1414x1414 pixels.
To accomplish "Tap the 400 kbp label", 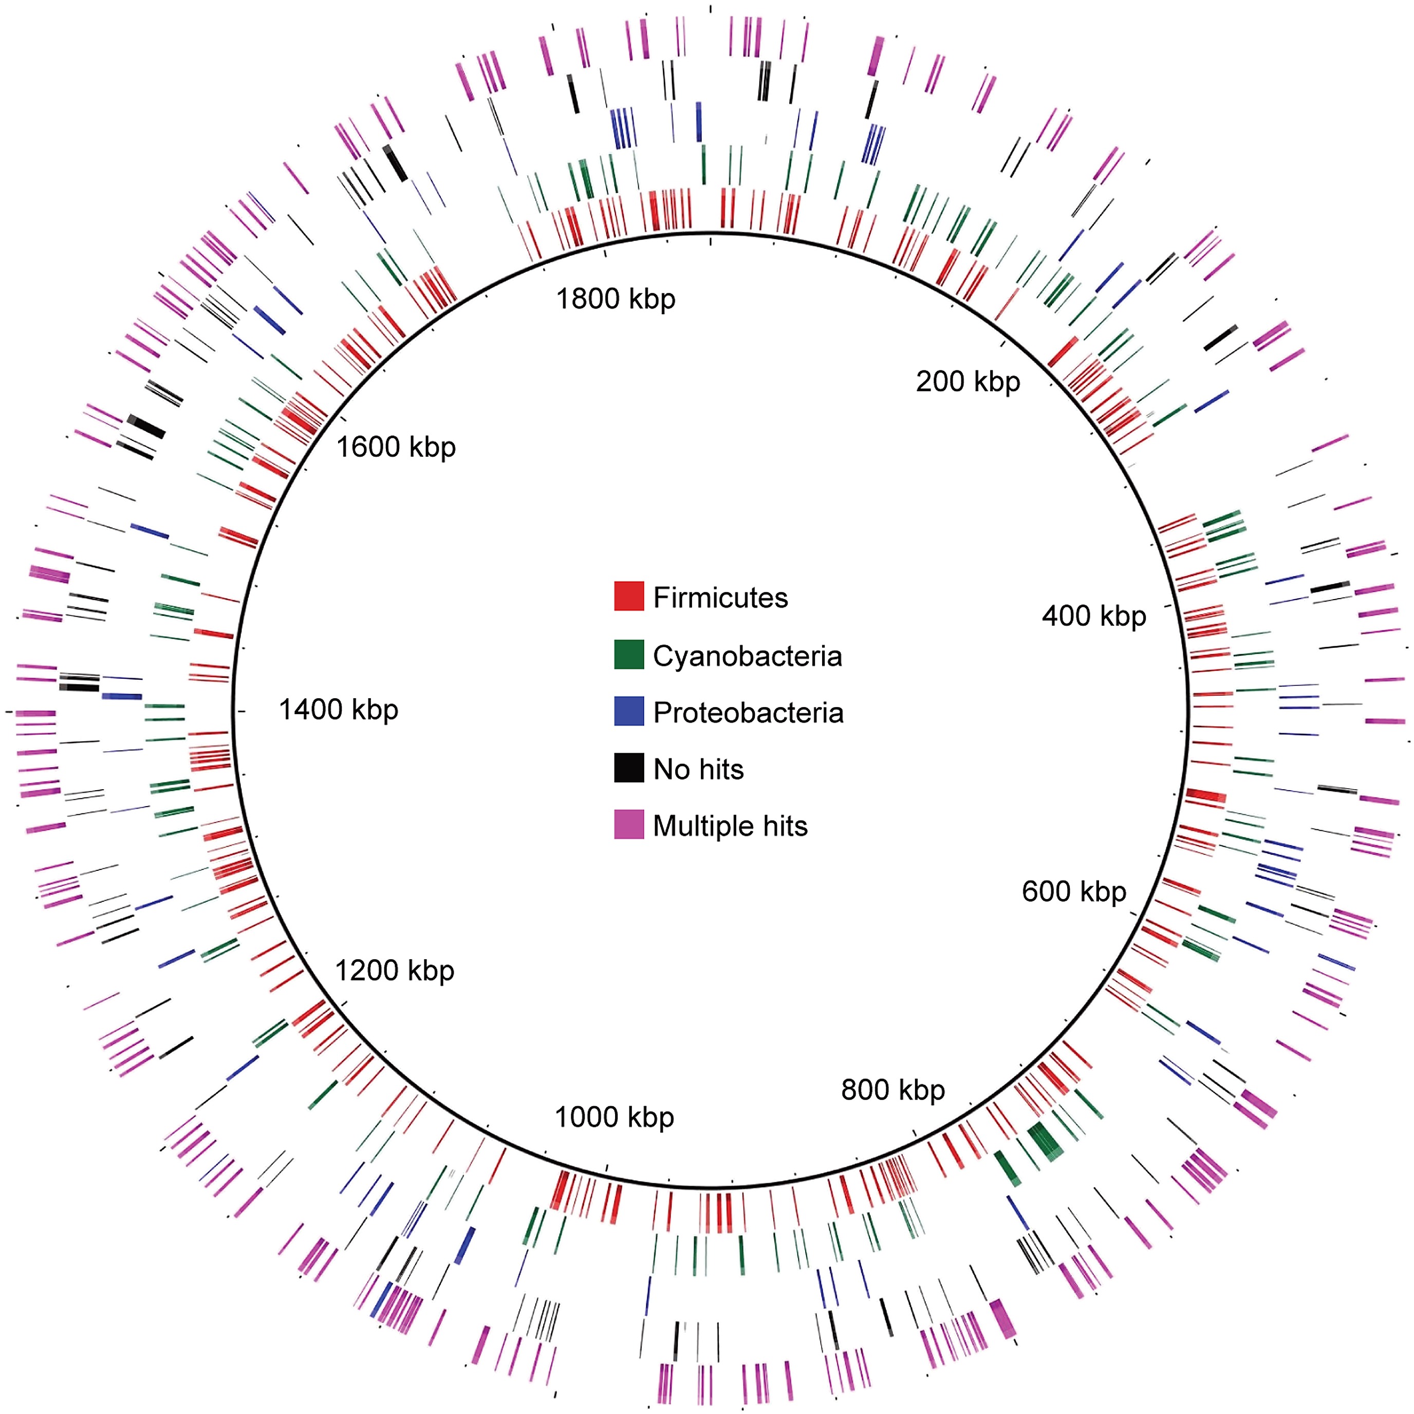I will pos(1093,616).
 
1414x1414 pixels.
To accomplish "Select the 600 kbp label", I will pos(1074,891).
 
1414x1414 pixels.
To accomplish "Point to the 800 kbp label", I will pos(893,1090).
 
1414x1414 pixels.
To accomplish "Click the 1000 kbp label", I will pos(614,1117).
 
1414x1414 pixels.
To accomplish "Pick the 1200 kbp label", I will pos(395,971).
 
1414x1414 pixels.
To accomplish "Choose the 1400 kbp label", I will pos(338,709).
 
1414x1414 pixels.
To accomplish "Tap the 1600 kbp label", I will pos(395,446).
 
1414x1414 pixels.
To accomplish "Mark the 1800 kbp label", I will pos(616,299).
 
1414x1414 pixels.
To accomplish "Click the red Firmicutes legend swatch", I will pos(629,597).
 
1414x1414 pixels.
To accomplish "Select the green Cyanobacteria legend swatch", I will pos(629,654).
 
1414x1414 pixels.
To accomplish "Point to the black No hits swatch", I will pos(629,768).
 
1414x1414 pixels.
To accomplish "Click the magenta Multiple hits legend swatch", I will pos(629,825).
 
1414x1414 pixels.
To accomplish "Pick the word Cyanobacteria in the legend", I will pos(747,656).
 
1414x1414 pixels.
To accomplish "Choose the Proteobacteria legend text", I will pos(748,713).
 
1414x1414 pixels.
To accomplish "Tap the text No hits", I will pos(698,769).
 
